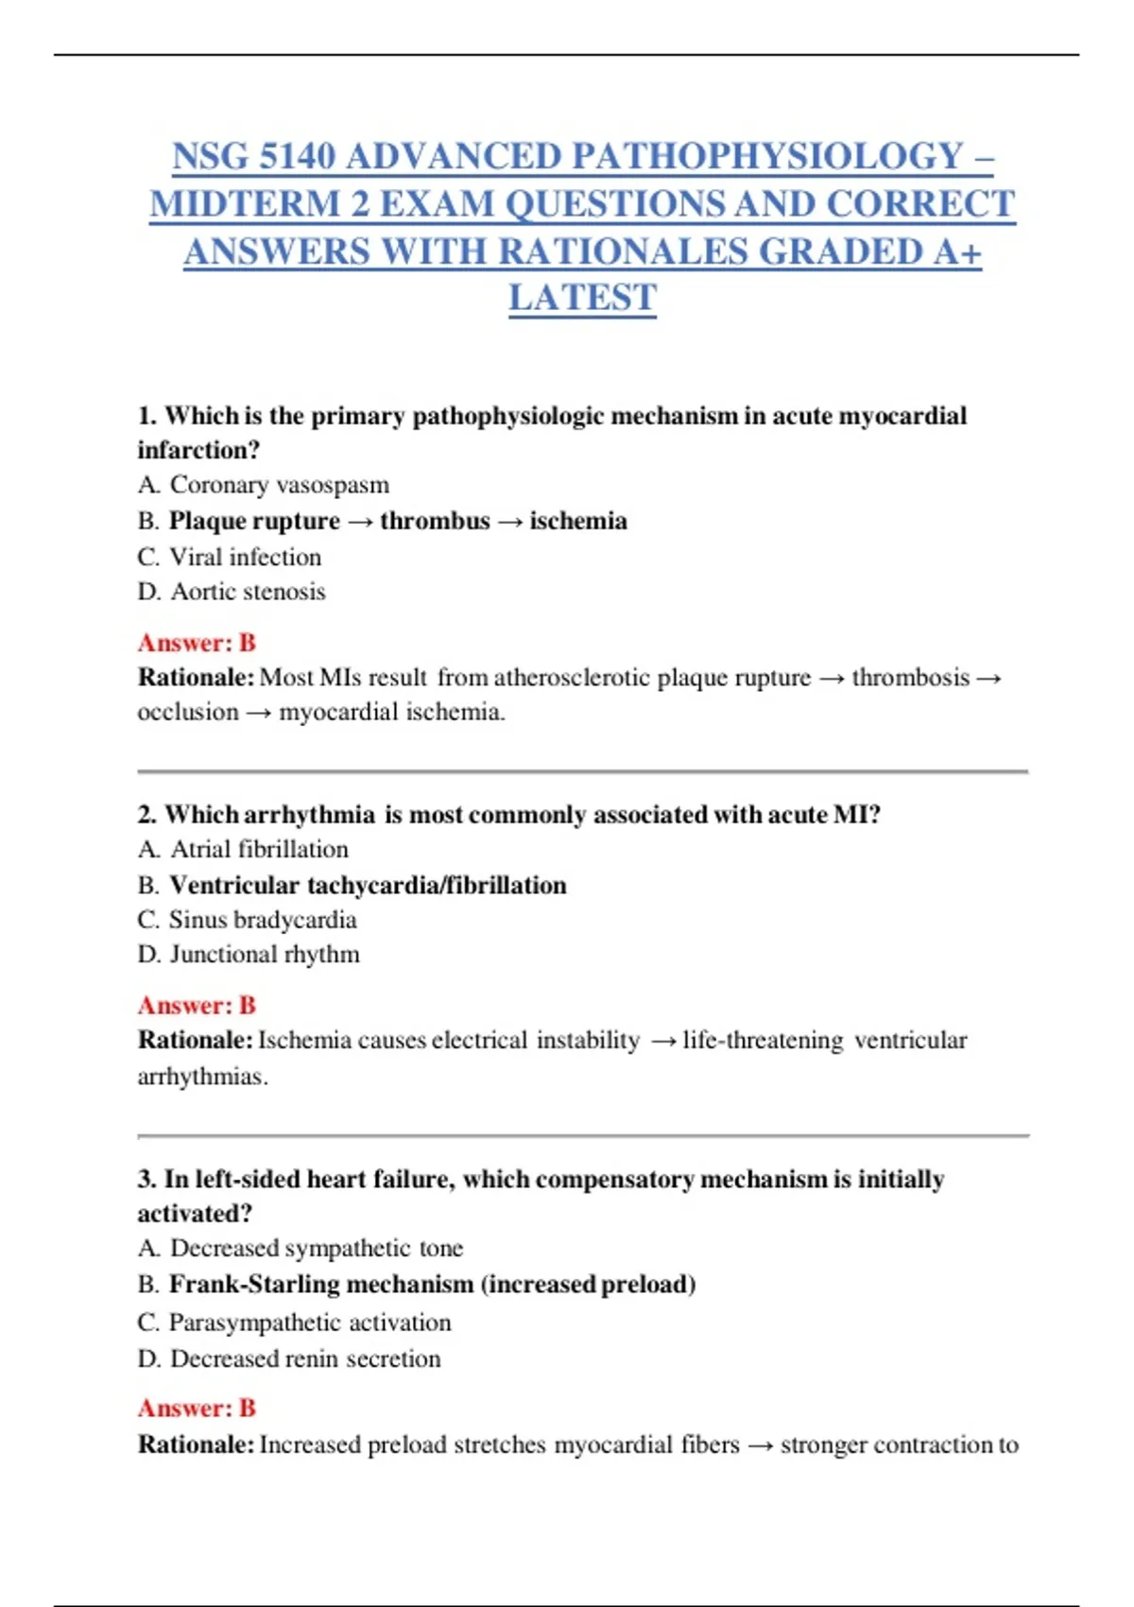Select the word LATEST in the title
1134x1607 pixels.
[x=582, y=299]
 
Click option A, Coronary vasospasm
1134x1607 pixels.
[x=264, y=485]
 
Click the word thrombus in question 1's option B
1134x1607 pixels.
[x=435, y=521]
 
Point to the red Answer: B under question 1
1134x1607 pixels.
[x=197, y=643]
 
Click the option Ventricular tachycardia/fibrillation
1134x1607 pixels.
[x=368, y=885]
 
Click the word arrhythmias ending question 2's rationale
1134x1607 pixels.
[x=202, y=1077]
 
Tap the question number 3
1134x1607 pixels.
[x=146, y=1180]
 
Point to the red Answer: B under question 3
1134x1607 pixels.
[x=197, y=1408]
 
